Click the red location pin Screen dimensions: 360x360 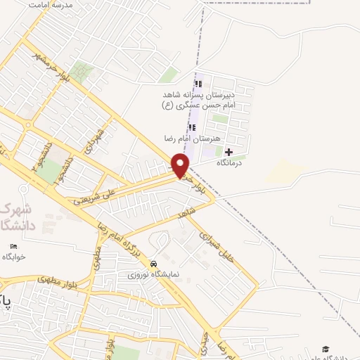181,166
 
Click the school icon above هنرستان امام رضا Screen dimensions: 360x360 192,128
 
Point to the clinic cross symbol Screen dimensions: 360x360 229,152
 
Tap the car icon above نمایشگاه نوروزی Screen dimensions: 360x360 153,264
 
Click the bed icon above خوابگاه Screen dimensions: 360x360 14,246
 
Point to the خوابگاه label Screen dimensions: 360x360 13,257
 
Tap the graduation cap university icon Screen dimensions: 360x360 325,349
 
